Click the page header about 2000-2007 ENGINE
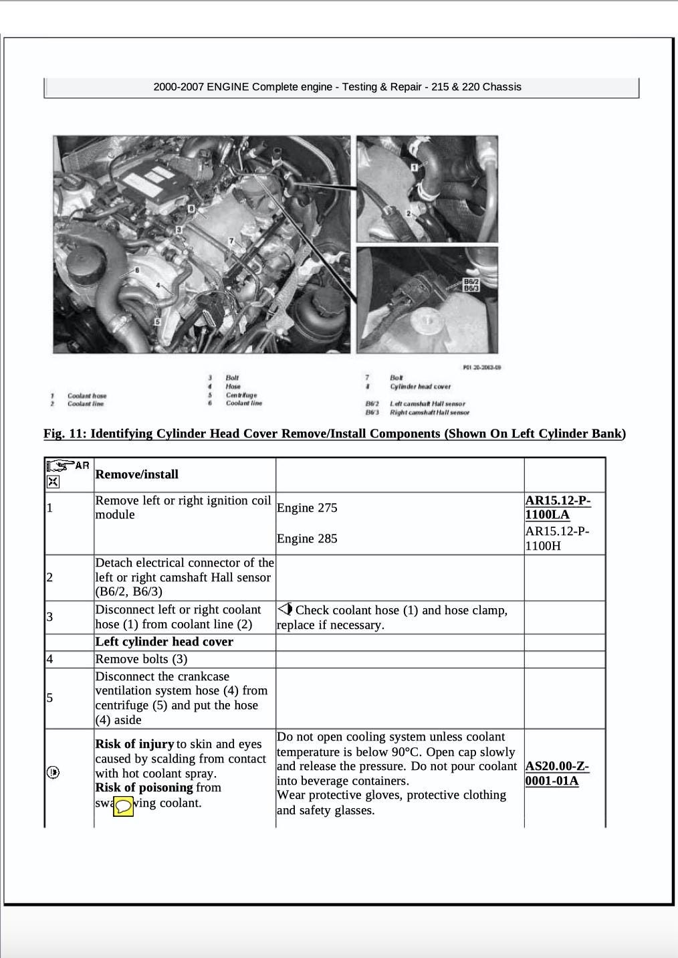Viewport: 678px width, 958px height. [337, 87]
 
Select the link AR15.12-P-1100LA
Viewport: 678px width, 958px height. [558, 507]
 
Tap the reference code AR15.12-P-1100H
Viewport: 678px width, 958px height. [558, 538]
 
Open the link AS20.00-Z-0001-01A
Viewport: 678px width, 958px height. [558, 773]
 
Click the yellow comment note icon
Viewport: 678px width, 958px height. [123, 807]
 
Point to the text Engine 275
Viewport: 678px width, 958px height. [307, 508]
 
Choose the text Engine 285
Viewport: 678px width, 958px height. [307, 539]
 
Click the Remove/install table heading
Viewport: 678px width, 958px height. [137, 474]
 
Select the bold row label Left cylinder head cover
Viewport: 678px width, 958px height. [164, 642]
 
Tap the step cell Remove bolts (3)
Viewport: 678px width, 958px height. [141, 659]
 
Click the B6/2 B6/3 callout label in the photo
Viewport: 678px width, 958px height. [471, 284]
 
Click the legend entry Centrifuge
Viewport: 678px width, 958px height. [241, 395]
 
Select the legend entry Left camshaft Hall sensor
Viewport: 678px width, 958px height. [427, 403]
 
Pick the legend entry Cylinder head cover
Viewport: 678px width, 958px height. [420, 386]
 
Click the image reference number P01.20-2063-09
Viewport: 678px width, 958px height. [481, 367]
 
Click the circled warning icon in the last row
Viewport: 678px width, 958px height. [53, 773]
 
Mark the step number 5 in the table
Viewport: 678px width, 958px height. [49, 698]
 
